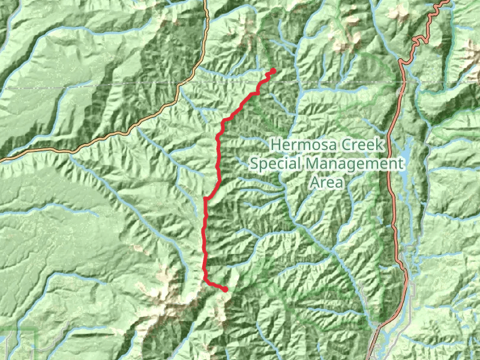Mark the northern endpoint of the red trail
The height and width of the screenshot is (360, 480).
273,71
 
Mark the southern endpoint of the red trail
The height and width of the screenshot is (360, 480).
225,289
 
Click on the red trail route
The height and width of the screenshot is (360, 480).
205,240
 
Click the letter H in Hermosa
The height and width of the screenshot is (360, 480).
275,145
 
